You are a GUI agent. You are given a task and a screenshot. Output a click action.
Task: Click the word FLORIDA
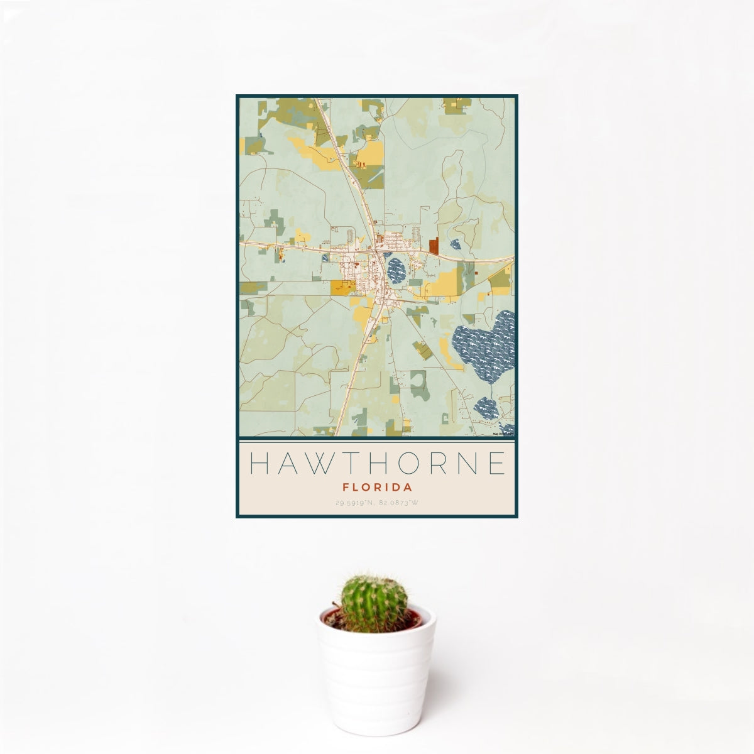377,487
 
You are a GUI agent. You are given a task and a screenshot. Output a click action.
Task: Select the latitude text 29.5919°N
355,503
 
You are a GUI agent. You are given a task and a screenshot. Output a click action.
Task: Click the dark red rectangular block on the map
434,246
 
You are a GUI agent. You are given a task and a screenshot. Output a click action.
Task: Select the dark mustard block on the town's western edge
343,287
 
